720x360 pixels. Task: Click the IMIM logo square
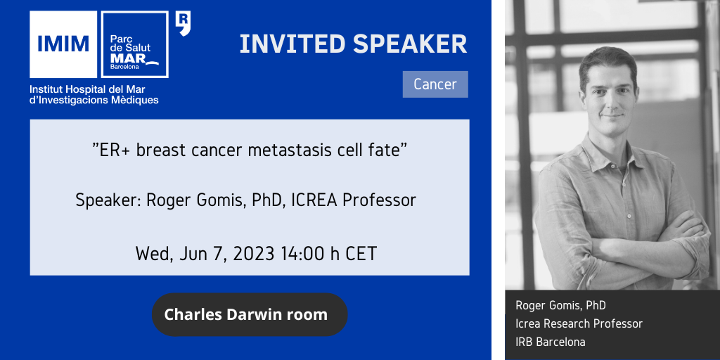click(x=63, y=44)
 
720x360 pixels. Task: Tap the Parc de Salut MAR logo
click(x=134, y=44)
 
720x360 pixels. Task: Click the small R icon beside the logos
click(x=184, y=24)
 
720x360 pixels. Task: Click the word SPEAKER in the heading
click(x=410, y=44)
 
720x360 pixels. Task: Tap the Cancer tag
click(x=435, y=84)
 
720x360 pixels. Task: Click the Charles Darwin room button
click(x=250, y=314)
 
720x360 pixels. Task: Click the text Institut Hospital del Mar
click(x=87, y=89)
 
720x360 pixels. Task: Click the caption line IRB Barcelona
click(x=551, y=342)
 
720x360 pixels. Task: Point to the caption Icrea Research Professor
click(x=579, y=323)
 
